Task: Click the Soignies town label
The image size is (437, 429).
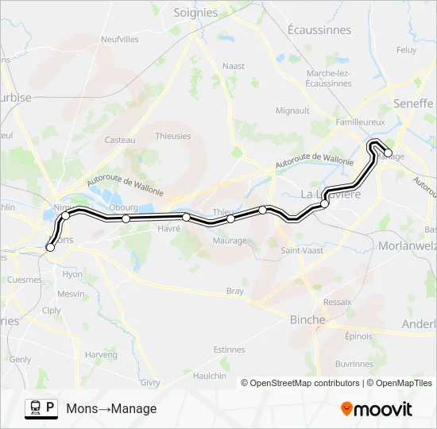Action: [x=195, y=13]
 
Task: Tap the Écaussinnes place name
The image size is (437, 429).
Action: [x=319, y=30]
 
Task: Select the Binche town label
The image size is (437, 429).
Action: [x=307, y=319]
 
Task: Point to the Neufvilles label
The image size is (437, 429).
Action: [x=120, y=39]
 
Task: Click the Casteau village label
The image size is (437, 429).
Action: [x=120, y=140]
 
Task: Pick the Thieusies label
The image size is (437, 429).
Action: [x=173, y=136]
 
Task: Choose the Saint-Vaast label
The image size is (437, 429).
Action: [x=300, y=250]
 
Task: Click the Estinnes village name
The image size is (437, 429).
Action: [x=230, y=350]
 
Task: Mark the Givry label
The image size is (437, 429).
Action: [x=149, y=381]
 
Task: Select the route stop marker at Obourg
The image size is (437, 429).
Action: [x=126, y=218]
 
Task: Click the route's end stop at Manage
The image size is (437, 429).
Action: [x=388, y=153]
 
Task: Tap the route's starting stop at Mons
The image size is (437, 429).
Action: [x=50, y=248]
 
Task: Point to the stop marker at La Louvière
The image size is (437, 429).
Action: [x=325, y=204]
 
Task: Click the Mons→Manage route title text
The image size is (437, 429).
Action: [x=111, y=409]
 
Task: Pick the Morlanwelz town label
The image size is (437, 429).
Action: [x=408, y=245]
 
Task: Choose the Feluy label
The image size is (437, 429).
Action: [x=406, y=49]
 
